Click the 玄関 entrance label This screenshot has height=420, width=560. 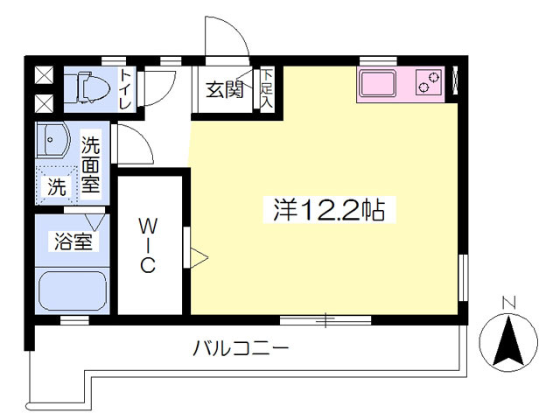(x=225, y=89)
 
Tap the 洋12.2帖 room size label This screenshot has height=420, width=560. (x=329, y=210)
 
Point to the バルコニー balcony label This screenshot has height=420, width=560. (x=241, y=348)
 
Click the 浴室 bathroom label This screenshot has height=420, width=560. (x=73, y=241)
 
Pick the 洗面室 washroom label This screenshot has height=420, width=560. (x=90, y=165)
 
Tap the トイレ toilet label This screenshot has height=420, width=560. (x=125, y=89)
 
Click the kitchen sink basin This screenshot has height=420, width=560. (x=378, y=84)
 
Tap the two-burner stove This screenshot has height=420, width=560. (x=428, y=82)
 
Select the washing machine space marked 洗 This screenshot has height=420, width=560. (x=57, y=185)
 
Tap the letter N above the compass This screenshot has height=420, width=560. (x=508, y=303)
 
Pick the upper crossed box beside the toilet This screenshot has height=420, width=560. (x=45, y=75)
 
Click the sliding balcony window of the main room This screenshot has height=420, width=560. (x=325, y=320)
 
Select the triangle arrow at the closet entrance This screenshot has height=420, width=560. (x=199, y=257)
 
